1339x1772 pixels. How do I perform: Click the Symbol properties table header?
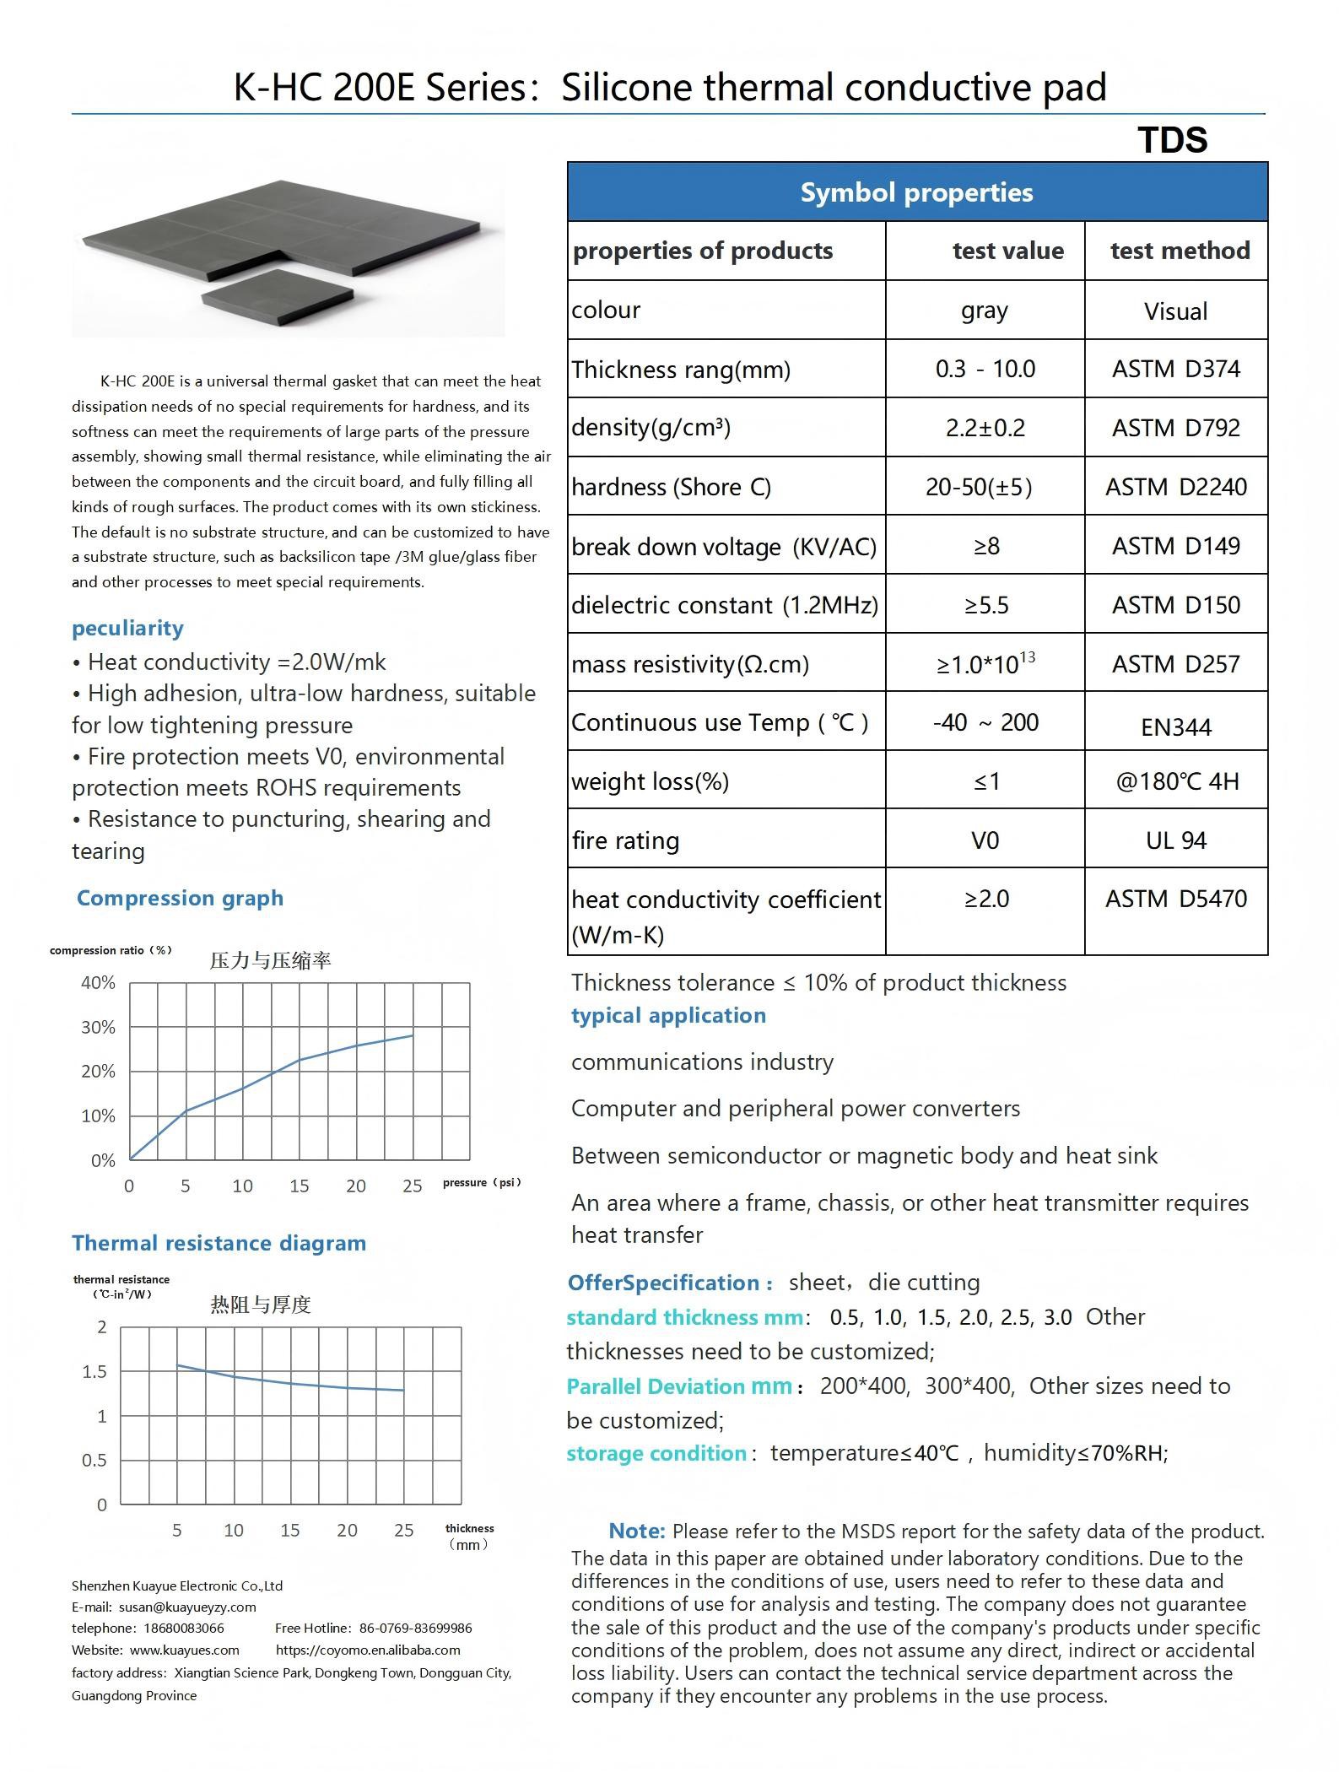coord(916,192)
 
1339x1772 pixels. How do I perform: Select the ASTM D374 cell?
coord(1175,369)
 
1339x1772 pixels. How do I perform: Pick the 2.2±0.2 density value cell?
coord(985,428)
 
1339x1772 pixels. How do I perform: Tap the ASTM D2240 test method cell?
coord(1175,487)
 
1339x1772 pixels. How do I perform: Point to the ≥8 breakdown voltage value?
coord(985,546)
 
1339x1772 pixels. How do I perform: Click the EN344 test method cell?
coord(1175,727)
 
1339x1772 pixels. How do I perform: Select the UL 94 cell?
coord(1175,840)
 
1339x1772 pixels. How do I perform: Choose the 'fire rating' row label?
coord(625,840)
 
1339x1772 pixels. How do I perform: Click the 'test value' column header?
coord(1007,251)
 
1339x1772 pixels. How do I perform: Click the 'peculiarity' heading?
coord(127,628)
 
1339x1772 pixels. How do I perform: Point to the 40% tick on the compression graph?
coord(98,982)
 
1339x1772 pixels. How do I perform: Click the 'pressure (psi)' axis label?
coord(482,1182)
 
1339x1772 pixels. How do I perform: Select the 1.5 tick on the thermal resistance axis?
coord(94,1371)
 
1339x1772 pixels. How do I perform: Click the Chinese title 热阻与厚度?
coord(261,1305)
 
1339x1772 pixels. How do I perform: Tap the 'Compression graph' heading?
coord(180,898)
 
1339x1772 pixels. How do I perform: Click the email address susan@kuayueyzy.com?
coord(187,1607)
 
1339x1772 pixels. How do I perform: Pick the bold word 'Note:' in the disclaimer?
coord(637,1531)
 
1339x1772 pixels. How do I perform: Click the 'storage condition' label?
coord(656,1453)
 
